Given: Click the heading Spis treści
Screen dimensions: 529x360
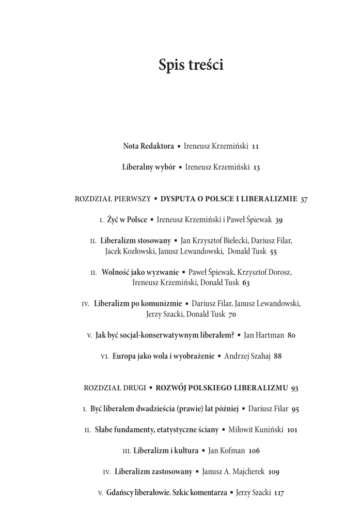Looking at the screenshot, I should tap(191, 67).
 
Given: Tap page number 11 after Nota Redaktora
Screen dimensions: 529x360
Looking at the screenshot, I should tap(255, 146).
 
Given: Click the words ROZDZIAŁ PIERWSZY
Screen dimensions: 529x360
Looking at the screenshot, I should tap(113, 198).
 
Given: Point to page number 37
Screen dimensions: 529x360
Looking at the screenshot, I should tap(304, 199).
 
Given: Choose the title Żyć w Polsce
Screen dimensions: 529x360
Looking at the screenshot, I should tap(127, 220).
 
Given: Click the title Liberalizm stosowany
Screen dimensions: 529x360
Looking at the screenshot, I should tap(135, 241).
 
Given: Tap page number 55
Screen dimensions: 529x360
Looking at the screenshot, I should tap(273, 252).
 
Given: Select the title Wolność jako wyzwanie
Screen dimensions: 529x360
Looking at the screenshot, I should tap(140, 272).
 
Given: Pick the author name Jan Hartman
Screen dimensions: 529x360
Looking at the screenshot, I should tap(264, 335).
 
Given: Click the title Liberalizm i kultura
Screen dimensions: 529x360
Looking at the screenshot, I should tap(166, 450).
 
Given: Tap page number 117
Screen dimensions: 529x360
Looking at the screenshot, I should tap(279, 493).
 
